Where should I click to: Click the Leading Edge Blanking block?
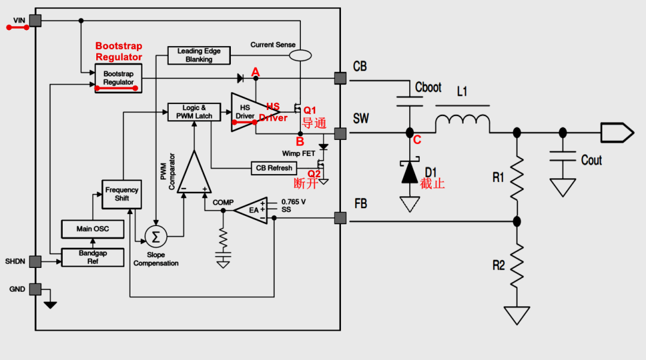point(199,56)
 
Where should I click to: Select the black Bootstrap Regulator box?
point(118,78)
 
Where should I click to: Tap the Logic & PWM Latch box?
point(194,112)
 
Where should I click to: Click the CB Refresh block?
point(274,168)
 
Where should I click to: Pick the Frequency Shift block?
point(121,194)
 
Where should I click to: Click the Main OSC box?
point(93,229)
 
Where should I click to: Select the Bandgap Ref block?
point(93,258)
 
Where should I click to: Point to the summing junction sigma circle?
point(156,237)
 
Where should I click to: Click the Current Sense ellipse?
point(300,55)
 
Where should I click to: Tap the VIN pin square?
point(35,21)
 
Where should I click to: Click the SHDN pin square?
point(35,261)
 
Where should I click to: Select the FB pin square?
point(340,218)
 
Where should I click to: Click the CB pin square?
point(340,78)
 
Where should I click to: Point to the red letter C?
point(418,140)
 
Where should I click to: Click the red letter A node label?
point(255,72)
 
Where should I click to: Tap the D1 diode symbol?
point(410,172)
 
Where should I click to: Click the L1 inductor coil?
point(462,123)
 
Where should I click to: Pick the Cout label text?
point(591,160)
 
